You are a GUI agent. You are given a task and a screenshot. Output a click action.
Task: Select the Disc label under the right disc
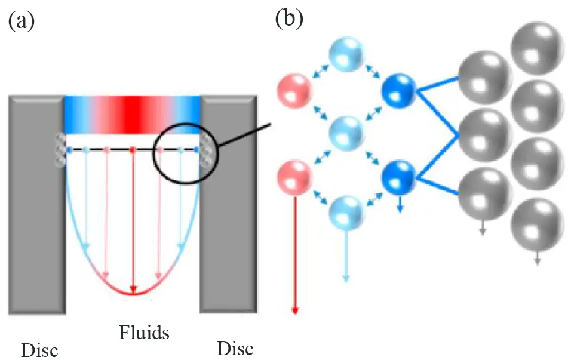tap(235, 347)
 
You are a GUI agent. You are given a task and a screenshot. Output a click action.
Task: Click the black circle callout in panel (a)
tap(186, 154)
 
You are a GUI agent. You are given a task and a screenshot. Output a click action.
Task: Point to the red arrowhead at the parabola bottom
tap(133, 291)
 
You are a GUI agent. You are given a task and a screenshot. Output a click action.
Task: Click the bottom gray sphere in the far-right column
tap(536, 221)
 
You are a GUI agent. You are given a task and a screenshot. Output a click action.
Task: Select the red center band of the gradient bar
tap(132, 114)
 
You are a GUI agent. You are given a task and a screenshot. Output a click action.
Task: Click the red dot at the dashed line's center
tap(133, 149)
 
